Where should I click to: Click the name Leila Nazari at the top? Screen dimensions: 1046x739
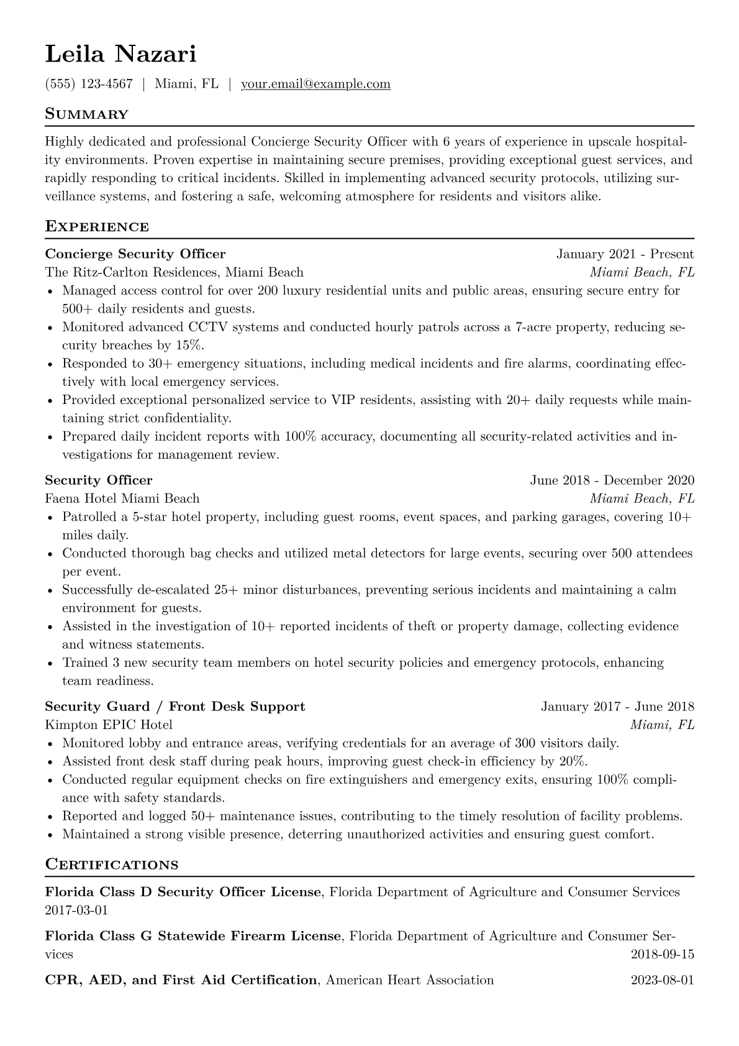click(120, 54)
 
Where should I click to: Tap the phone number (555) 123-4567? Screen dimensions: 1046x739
click(89, 84)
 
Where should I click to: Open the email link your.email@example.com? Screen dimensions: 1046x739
click(315, 84)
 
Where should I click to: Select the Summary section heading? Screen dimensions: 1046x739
click(86, 114)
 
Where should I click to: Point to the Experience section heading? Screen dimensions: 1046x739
click(97, 227)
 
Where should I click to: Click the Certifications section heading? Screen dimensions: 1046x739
click(112, 865)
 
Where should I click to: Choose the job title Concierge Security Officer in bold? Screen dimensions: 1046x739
click(135, 254)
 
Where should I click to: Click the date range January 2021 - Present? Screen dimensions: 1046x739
click(625, 254)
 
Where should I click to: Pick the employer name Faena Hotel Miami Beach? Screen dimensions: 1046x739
click(122, 498)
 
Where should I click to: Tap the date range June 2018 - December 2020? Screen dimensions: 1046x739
click(612, 480)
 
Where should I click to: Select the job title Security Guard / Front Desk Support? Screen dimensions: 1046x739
click(175, 707)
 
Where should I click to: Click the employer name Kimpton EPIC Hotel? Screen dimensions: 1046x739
click(109, 725)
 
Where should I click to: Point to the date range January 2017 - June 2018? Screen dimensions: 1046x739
click(617, 707)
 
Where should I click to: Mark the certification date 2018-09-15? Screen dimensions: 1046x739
click(662, 954)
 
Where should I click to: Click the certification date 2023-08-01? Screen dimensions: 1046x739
click(662, 980)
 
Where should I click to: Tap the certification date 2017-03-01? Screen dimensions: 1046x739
click(76, 911)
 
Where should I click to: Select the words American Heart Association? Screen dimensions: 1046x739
click(410, 980)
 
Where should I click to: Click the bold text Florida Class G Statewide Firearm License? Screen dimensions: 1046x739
click(193, 936)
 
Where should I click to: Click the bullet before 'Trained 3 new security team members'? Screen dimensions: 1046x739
click(50, 664)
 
